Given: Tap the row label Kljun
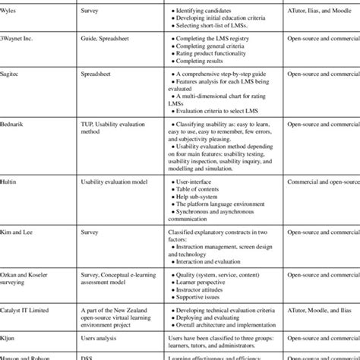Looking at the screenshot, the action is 10,334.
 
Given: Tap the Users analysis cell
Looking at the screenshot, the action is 104,334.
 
